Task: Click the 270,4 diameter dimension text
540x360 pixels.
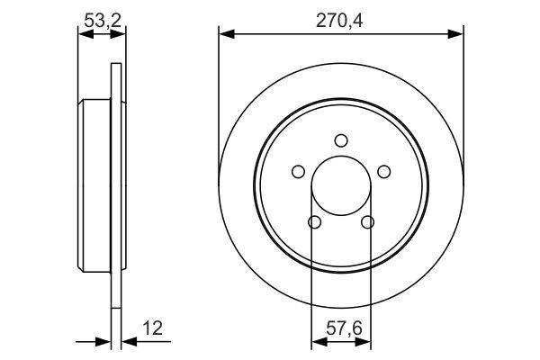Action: [339, 17]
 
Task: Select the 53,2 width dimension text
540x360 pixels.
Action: [102, 17]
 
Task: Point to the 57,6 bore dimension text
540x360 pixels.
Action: [339, 329]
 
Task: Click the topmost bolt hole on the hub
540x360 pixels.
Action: [340, 139]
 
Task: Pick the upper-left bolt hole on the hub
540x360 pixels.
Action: [297, 172]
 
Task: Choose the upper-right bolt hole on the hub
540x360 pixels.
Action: [383, 172]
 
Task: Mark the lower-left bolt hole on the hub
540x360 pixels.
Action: [313, 222]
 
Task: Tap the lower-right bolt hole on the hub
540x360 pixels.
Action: [366, 222]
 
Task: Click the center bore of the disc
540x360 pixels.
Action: [340, 185]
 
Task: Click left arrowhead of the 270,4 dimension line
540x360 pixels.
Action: [225, 34]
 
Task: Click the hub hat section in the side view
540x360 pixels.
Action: [94, 185]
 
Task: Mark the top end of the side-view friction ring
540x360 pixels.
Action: [114, 67]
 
